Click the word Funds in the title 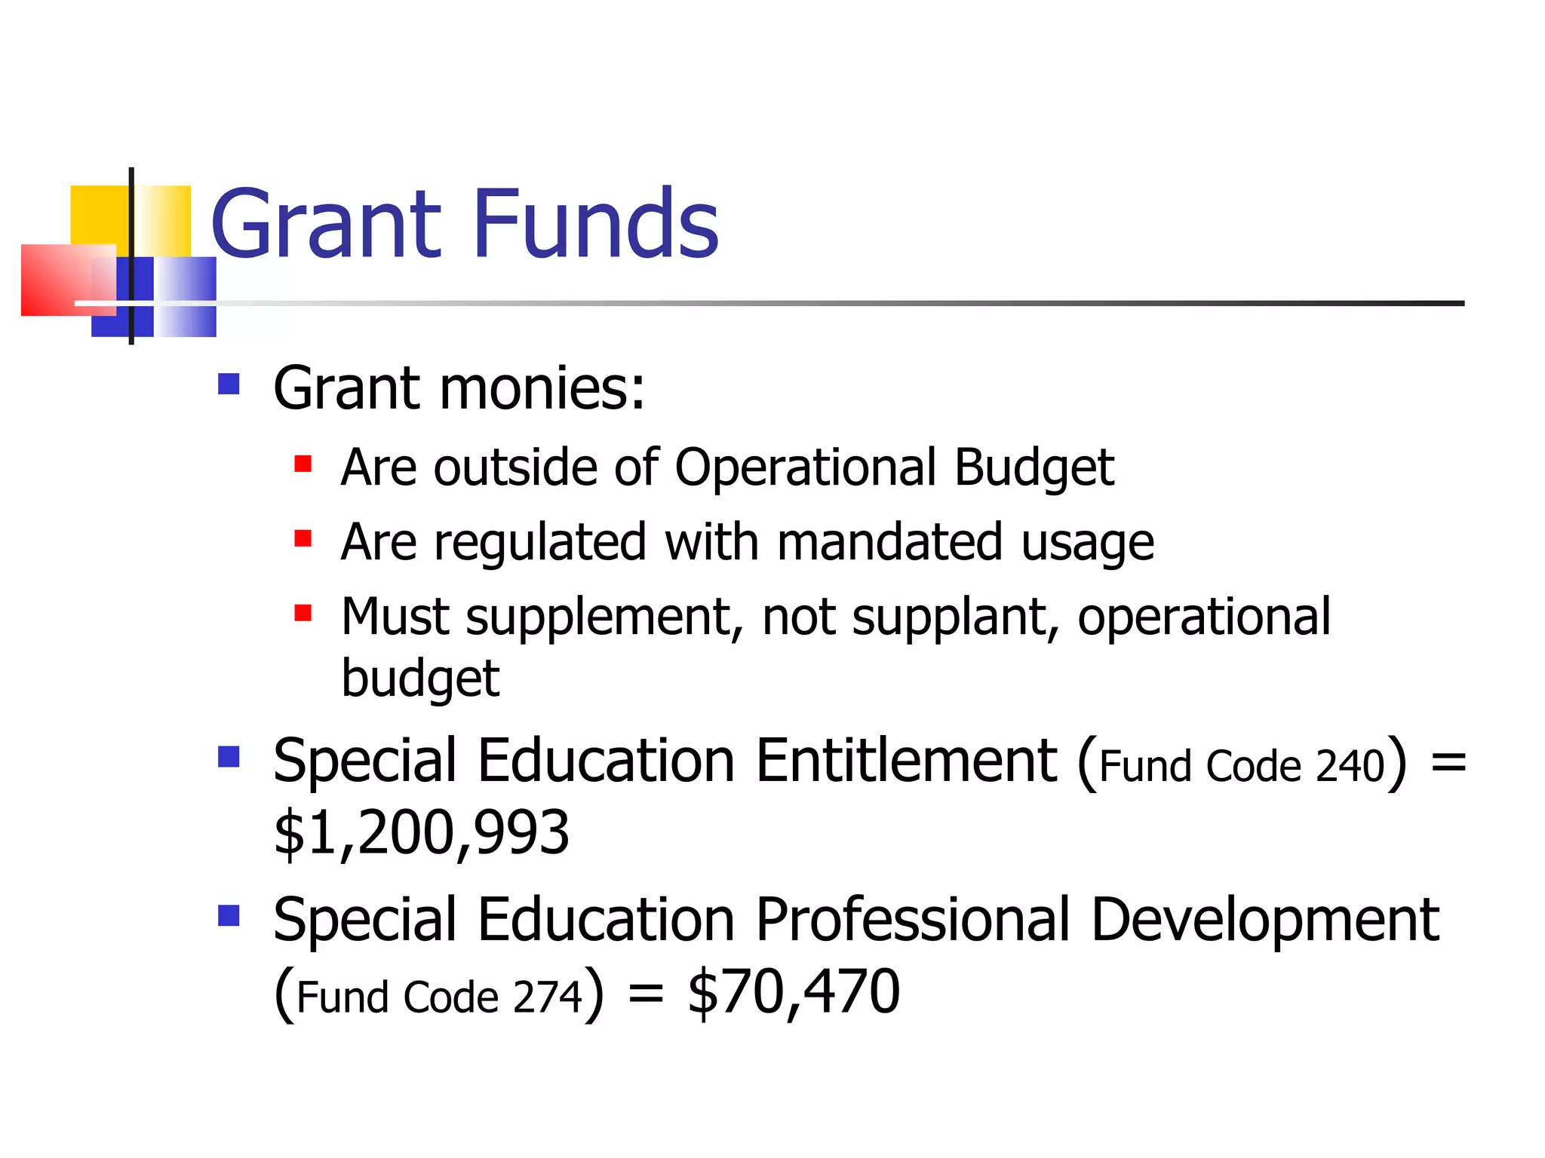coord(596,224)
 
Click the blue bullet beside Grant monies coord(228,384)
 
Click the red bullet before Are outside coord(303,464)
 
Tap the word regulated coord(540,543)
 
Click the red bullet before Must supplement coord(303,613)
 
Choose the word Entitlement coord(906,761)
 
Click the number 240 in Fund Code coord(1350,766)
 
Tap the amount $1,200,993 coord(421,833)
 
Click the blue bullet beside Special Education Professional coord(228,916)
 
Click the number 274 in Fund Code coord(548,997)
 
